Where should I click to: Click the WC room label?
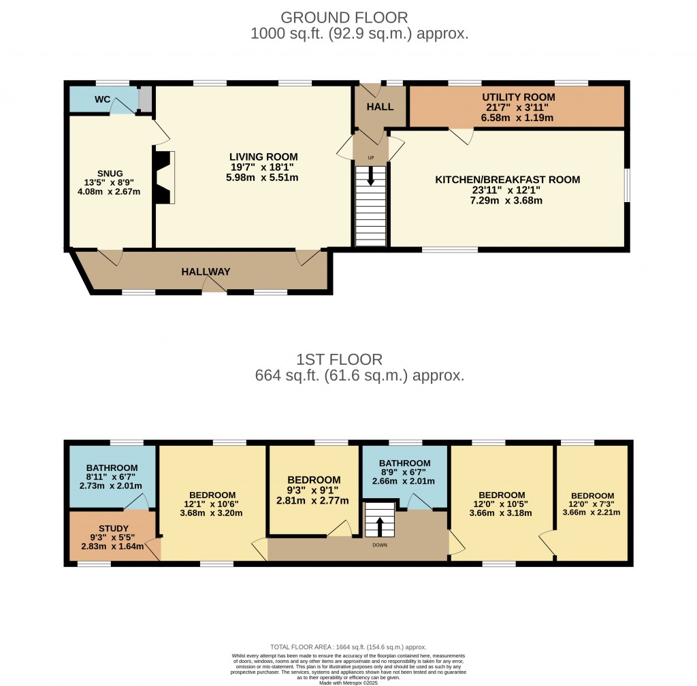[x=102, y=99]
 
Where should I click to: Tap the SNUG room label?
[x=110, y=174]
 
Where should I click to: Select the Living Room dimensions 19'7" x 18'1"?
[x=263, y=167]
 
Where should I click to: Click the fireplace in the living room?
[x=164, y=177]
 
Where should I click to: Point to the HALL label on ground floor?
[x=380, y=107]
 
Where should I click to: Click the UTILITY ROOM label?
[x=519, y=97]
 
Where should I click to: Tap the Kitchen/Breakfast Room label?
[x=508, y=180]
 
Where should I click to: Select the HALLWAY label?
[x=206, y=272]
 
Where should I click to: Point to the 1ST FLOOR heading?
[x=339, y=359]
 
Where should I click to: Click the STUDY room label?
[x=113, y=528]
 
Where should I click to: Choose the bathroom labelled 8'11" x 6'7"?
[x=112, y=476]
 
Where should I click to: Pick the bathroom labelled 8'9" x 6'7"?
[x=404, y=472]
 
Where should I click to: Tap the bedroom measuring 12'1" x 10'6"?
[x=212, y=504]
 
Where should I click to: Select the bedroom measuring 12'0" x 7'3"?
[x=592, y=504]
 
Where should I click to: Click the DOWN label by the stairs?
[x=380, y=545]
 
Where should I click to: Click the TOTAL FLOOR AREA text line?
[x=348, y=647]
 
